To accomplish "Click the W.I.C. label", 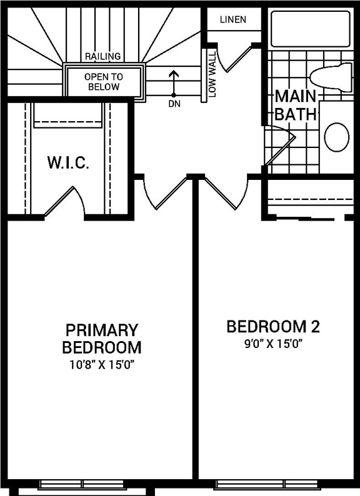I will (68, 164).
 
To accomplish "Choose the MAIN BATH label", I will (295, 106).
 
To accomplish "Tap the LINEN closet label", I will (232, 19).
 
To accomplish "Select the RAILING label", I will (102, 56).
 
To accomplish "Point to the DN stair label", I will (174, 104).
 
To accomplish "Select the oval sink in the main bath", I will (337, 137).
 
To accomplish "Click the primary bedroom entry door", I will (164, 193).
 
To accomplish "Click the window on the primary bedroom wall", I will (82, 484).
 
